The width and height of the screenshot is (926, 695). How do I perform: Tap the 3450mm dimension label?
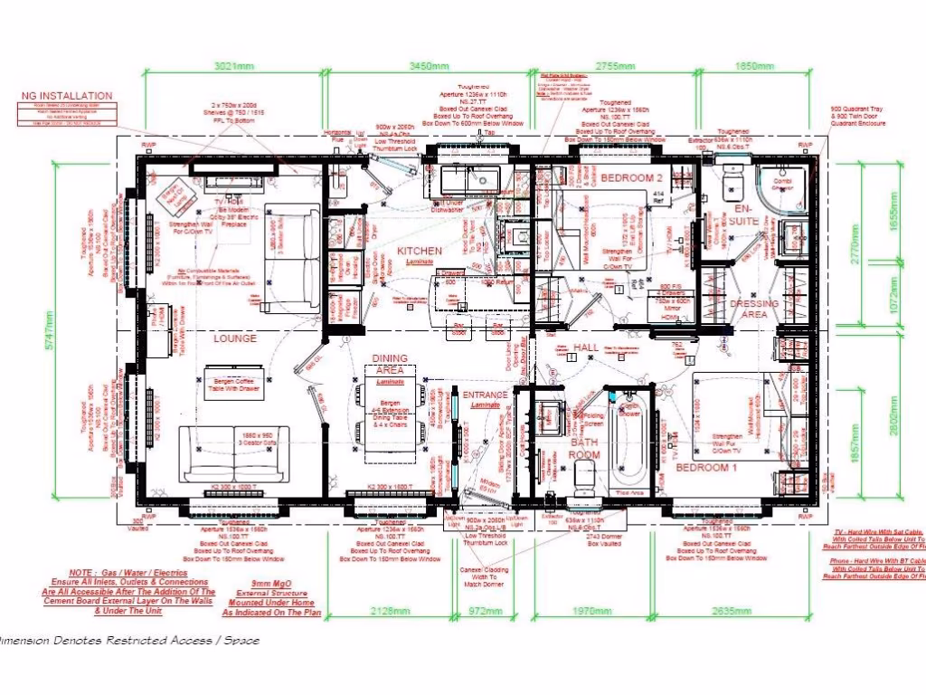pyautogui.click(x=429, y=66)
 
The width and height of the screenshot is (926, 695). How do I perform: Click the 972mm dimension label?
pyautogui.click(x=485, y=611)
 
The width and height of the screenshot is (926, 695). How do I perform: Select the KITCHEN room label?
pyautogui.click(x=420, y=251)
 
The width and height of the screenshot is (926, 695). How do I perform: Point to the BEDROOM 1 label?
pyautogui.click(x=707, y=467)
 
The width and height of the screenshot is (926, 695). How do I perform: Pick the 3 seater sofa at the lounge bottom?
pyautogui.click(x=234, y=452)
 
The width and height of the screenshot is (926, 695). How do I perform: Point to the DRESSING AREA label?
pyautogui.click(x=754, y=309)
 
